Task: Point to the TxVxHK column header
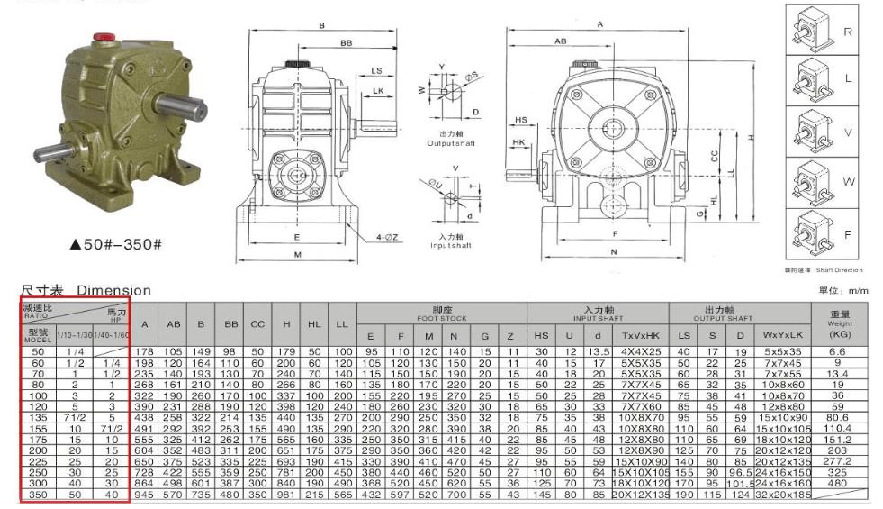pyautogui.click(x=639, y=336)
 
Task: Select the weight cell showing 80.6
pyautogui.click(x=837, y=419)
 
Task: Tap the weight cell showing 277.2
pyautogui.click(x=837, y=459)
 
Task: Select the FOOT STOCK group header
pyautogui.click(x=440, y=313)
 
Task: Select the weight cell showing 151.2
pyautogui.click(x=837, y=440)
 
